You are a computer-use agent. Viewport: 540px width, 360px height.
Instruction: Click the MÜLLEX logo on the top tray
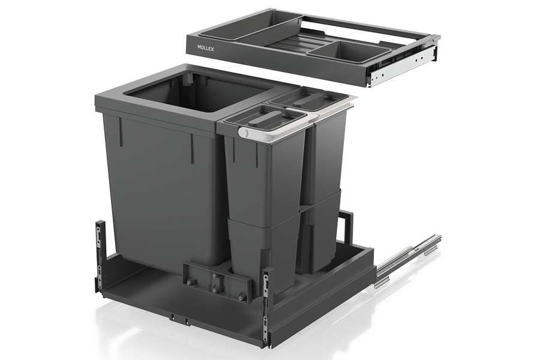click(206, 49)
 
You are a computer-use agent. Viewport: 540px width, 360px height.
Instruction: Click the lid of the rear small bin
click(308, 98)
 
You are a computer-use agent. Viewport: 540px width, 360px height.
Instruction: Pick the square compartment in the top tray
click(349, 52)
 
